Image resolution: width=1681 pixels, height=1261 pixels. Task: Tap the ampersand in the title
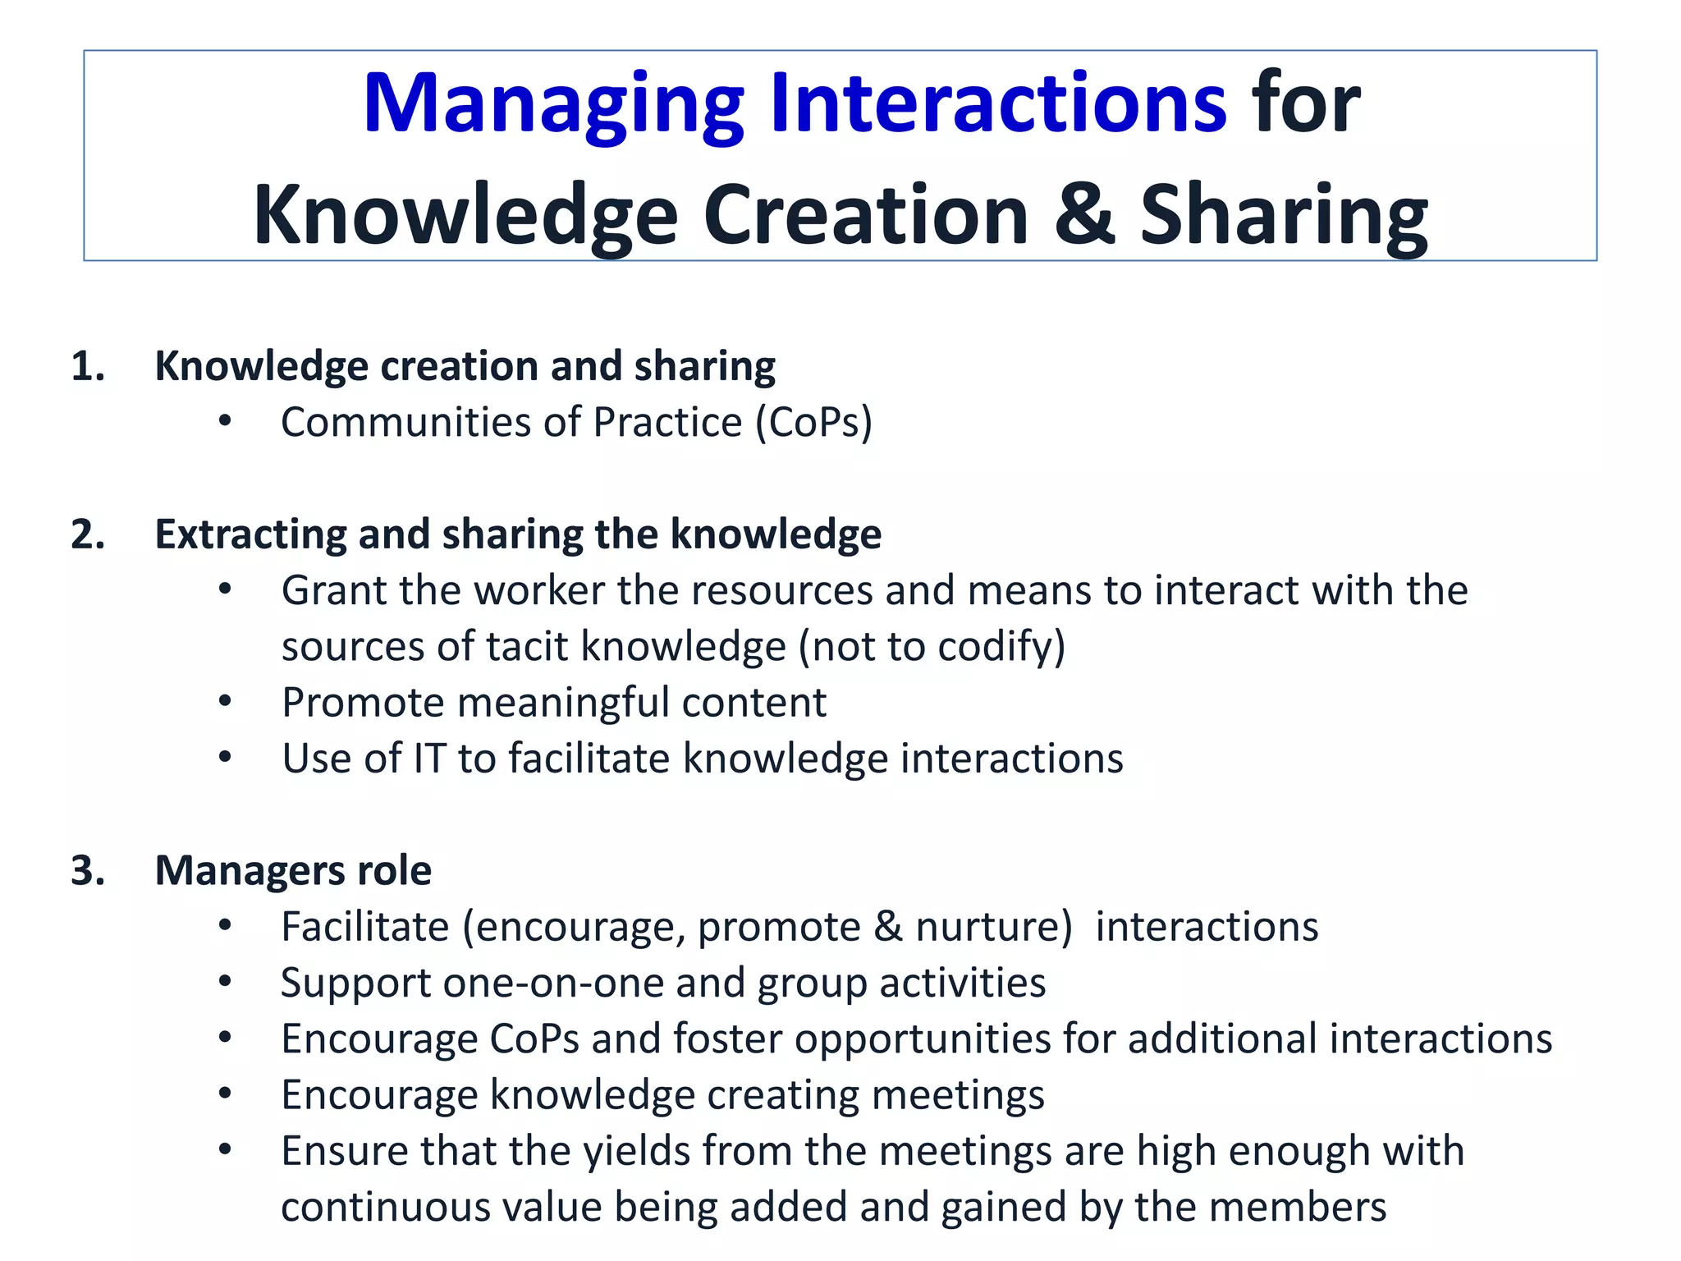(x=1084, y=215)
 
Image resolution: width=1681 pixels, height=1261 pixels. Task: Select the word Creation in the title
(x=866, y=215)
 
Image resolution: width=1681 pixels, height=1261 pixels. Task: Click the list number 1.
(x=87, y=366)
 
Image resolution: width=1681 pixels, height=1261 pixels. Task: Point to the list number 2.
(x=87, y=534)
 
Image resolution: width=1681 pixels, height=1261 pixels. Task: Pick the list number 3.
(x=87, y=871)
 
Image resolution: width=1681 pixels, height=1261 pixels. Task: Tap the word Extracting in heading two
(x=250, y=534)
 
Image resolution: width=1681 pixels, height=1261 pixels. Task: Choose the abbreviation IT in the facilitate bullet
(x=428, y=759)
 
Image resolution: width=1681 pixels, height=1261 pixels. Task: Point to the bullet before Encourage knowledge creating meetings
(x=225, y=1094)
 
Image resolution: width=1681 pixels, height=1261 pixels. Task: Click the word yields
(x=636, y=1151)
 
